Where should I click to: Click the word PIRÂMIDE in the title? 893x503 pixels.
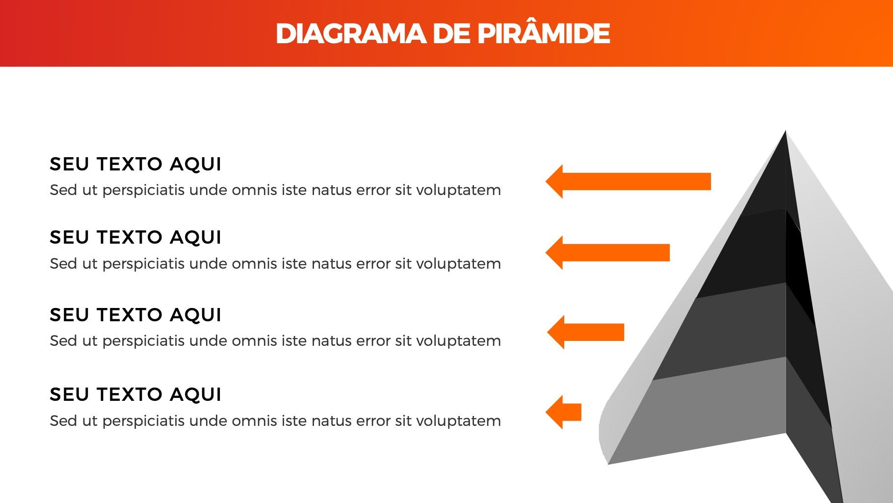pyautogui.click(x=544, y=33)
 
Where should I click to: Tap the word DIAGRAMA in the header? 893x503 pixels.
pyautogui.click(x=351, y=33)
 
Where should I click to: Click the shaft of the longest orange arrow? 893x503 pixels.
pyautogui.click(x=636, y=181)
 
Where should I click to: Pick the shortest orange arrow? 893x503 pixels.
pyautogui.click(x=563, y=412)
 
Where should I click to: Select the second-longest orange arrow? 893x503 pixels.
pyautogui.click(x=607, y=252)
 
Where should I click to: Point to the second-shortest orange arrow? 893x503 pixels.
pyautogui.click(x=585, y=332)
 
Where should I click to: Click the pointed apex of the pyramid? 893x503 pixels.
pyautogui.click(x=786, y=131)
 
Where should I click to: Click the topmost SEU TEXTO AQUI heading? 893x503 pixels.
pyautogui.click(x=135, y=164)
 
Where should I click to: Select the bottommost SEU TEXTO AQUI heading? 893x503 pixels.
pyautogui.click(x=135, y=394)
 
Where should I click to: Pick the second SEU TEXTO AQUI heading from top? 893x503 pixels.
pyautogui.click(x=135, y=237)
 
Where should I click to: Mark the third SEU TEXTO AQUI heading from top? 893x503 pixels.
pyautogui.click(x=135, y=315)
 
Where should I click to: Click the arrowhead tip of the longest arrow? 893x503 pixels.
pyautogui.click(x=546, y=181)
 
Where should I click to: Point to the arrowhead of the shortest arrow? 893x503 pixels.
pyautogui.click(x=554, y=412)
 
